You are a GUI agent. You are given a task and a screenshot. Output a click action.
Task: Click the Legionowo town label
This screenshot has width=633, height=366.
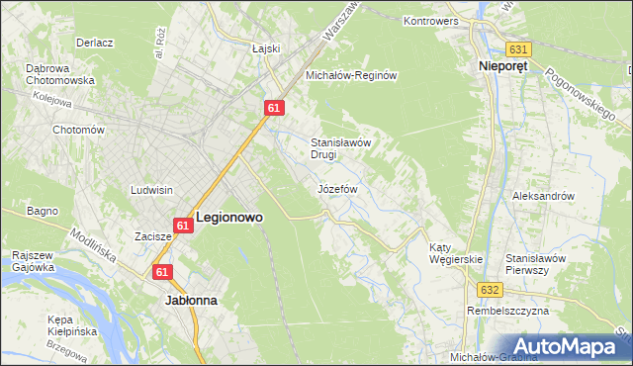(x=229, y=217)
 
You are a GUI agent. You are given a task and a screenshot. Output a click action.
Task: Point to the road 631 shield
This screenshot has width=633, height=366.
(x=518, y=48)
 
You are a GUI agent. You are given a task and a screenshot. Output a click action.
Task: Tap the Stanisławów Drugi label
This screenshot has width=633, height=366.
(x=340, y=147)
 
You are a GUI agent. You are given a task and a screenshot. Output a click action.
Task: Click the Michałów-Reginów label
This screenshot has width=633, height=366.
(x=351, y=75)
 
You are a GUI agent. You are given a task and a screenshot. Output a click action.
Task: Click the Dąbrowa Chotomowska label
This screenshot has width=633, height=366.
(x=59, y=74)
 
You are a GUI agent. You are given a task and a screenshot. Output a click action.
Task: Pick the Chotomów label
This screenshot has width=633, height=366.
(x=78, y=130)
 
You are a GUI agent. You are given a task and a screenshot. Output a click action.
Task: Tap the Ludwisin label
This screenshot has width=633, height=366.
(x=152, y=189)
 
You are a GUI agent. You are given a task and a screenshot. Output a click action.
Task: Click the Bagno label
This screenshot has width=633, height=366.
(x=43, y=211)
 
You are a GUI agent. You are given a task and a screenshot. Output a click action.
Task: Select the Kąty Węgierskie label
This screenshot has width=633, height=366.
(x=455, y=253)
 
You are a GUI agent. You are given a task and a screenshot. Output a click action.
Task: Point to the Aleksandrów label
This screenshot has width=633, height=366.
(x=543, y=196)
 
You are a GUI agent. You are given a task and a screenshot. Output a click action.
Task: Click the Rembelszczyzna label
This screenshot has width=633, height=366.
(x=506, y=313)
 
